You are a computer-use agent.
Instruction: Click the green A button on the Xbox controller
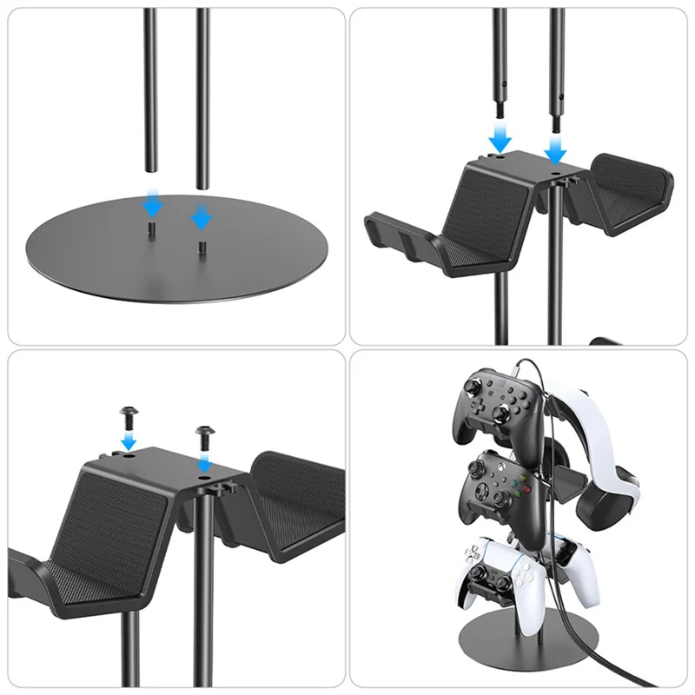tap(518, 495)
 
